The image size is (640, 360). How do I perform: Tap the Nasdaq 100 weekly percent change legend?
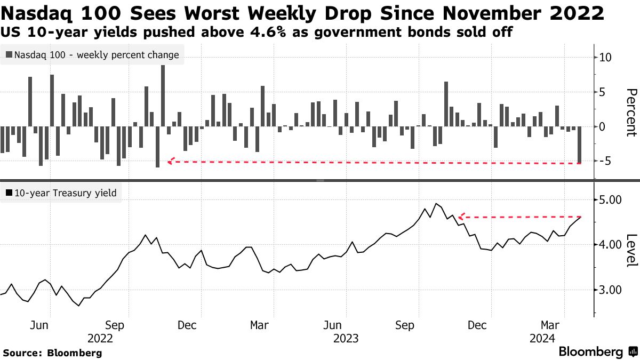tap(92, 54)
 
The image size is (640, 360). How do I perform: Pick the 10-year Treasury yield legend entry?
tap(61, 193)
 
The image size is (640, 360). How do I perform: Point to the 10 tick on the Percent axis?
tap(605, 58)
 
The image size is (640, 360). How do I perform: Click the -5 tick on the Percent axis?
tap(605, 161)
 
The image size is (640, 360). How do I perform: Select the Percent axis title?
tap(631, 113)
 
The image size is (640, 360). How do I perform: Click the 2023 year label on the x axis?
tap(345, 338)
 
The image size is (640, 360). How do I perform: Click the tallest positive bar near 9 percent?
tap(163, 96)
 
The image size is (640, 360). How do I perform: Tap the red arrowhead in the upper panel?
tap(170, 161)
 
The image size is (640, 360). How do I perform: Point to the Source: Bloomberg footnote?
tap(52, 353)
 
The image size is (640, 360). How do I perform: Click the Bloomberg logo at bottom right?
tap(597, 352)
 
